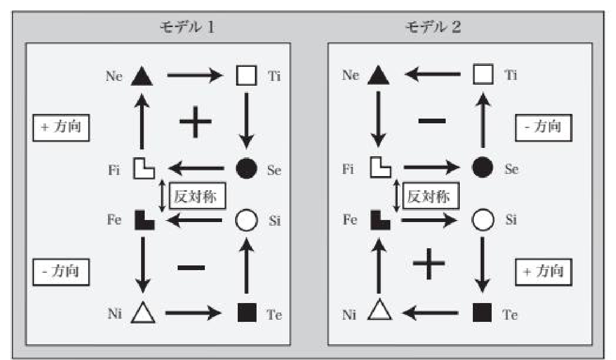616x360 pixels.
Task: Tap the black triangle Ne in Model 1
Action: (x=142, y=76)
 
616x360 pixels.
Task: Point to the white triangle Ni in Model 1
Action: (x=142, y=313)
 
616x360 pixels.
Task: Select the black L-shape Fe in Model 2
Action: (x=379, y=220)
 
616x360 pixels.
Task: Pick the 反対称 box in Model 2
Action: (x=429, y=196)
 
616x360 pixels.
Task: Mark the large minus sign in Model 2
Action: (x=432, y=121)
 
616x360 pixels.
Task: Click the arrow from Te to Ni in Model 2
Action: (x=431, y=313)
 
